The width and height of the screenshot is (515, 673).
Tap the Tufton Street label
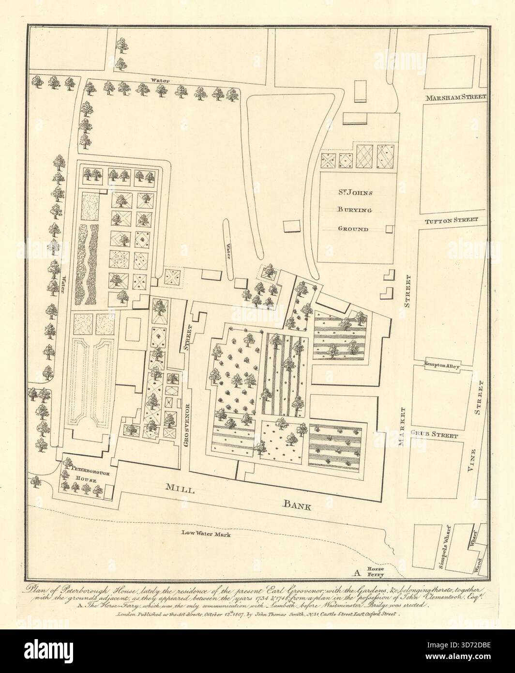pyautogui.click(x=451, y=220)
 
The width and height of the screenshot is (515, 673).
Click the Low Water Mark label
pyautogui.click(x=204, y=535)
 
